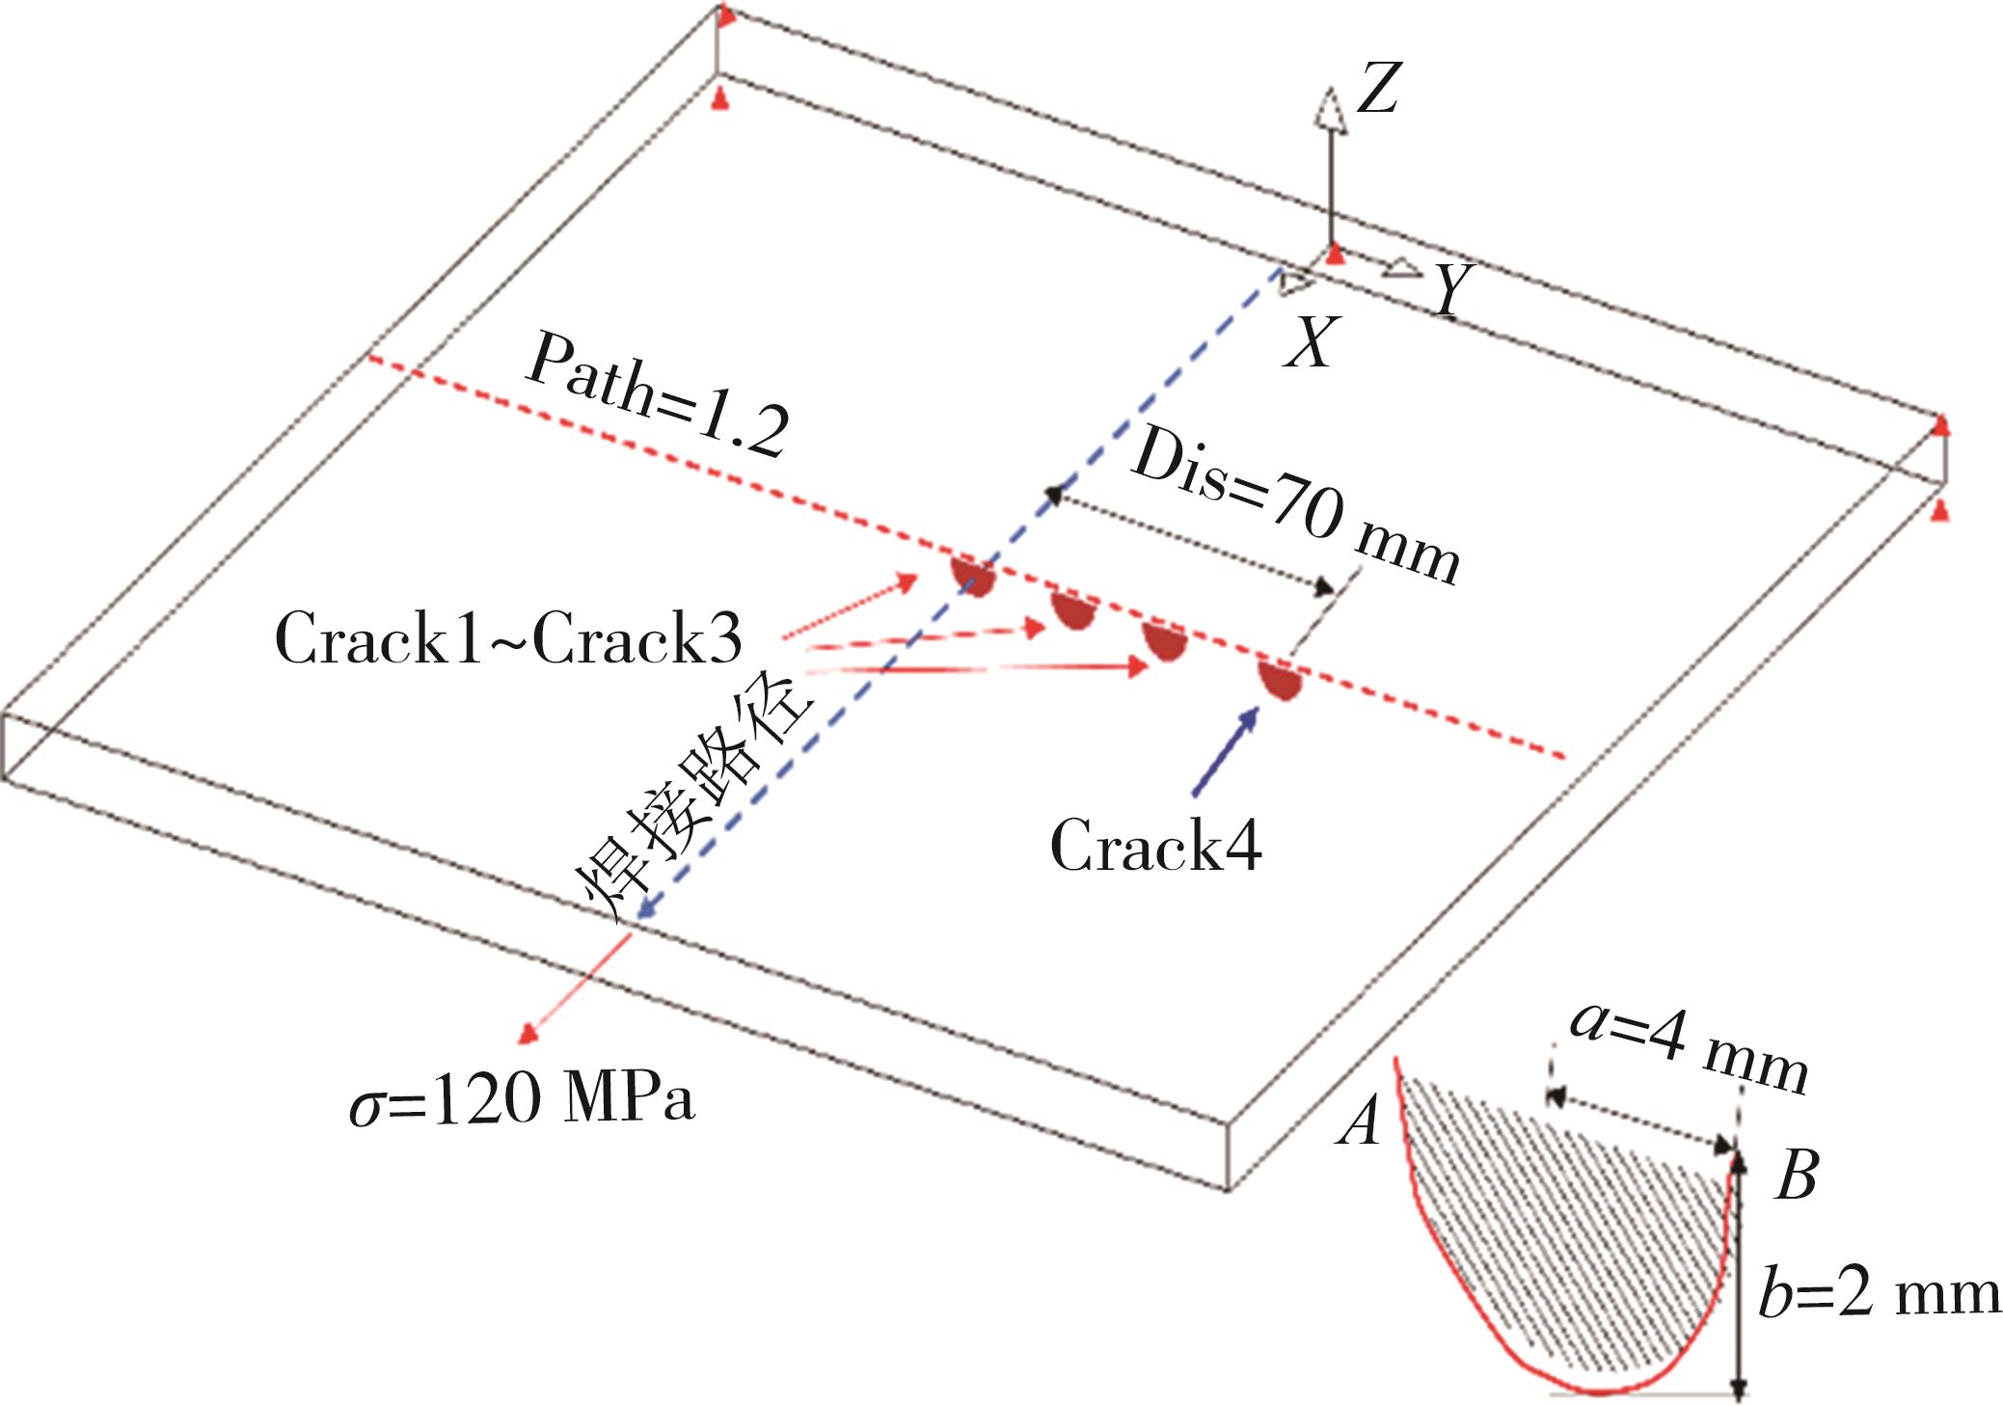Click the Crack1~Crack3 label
tap(508, 639)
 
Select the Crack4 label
tap(1155, 846)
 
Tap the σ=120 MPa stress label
tap(522, 1099)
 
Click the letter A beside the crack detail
tap(1359, 1123)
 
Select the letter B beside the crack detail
tap(1796, 1176)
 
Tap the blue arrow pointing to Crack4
tap(1226, 752)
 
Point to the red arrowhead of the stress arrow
tap(528, 1034)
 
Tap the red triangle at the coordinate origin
tap(1334, 255)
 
